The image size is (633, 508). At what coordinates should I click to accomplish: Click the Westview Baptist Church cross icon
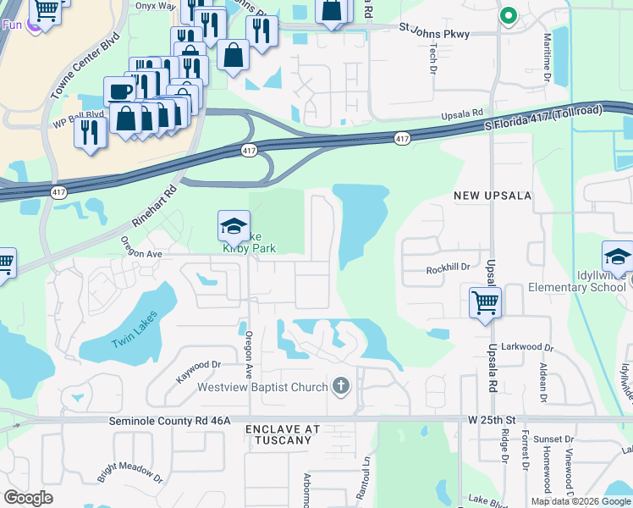point(341,387)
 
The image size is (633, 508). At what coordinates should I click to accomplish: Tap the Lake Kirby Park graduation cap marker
point(234,227)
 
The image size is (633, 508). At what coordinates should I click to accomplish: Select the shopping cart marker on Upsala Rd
point(486,303)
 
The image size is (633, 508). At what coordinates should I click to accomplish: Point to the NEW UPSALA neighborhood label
point(493,196)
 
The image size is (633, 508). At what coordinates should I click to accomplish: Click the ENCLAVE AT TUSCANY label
point(283,435)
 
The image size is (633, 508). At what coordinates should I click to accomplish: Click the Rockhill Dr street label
point(448,268)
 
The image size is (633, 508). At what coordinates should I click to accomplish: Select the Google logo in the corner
point(29,498)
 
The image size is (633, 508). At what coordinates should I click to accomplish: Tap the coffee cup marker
point(118,91)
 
